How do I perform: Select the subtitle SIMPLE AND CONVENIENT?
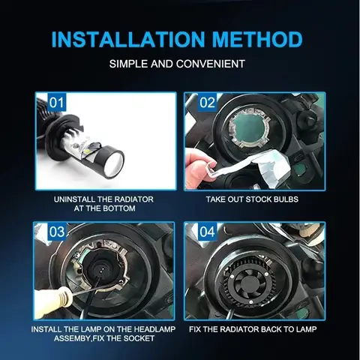(x=180, y=64)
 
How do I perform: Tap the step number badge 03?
(x=57, y=232)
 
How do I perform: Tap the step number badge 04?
(x=207, y=232)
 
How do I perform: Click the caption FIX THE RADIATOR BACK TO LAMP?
(x=253, y=329)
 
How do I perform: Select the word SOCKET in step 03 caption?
(x=139, y=338)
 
